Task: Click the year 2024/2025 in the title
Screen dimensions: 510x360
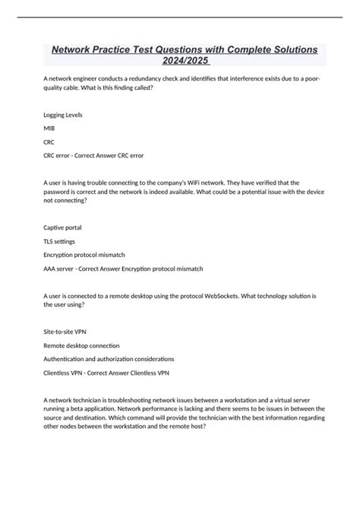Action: (180, 62)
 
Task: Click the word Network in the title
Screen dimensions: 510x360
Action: (77, 49)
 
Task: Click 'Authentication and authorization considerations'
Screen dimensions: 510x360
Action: (109, 359)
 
